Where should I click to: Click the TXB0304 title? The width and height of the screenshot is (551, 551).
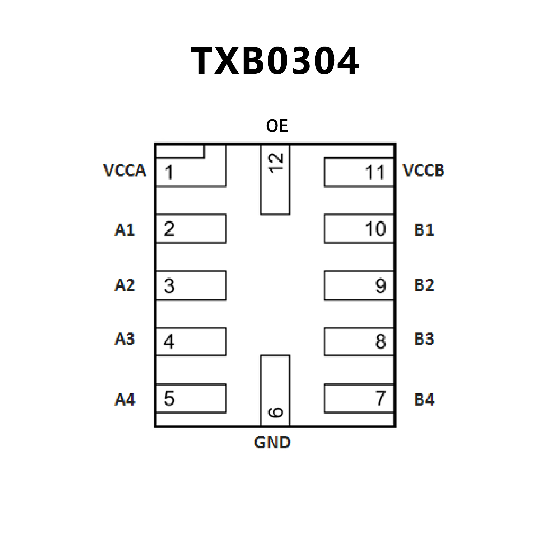[x=275, y=61]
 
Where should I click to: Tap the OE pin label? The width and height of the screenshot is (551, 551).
[x=277, y=126]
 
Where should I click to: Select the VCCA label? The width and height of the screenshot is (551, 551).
[x=125, y=171]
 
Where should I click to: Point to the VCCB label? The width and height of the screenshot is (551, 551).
[x=424, y=171]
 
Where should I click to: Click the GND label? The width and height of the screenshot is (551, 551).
[x=272, y=443]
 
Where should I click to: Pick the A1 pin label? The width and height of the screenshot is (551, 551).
[x=125, y=230]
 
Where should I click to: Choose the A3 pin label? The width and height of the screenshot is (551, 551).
[x=125, y=339]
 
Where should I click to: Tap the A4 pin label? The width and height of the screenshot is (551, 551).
[x=125, y=400]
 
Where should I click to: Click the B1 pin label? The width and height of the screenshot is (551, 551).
[x=424, y=230]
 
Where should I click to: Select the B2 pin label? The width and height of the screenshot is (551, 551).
[x=424, y=285]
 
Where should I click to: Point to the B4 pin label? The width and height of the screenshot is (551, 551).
[x=424, y=400]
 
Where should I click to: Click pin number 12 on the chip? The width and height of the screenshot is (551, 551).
[x=276, y=163]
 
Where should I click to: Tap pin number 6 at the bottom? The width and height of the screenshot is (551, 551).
[x=276, y=412]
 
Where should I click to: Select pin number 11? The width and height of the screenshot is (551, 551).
[x=375, y=173]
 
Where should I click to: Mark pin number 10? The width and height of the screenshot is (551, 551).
[x=375, y=229]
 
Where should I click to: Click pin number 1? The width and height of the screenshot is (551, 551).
[x=169, y=173]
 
